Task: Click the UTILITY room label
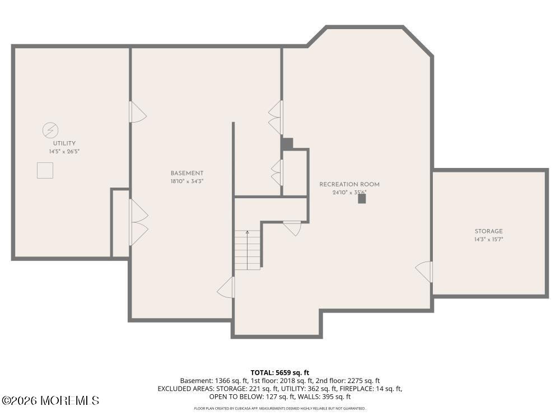coord(64,143)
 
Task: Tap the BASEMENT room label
coord(187,173)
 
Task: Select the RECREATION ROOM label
coord(349,184)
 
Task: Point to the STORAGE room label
coord(488,231)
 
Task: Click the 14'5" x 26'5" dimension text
coord(64,151)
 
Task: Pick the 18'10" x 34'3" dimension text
coord(187,181)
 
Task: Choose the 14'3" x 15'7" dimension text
coord(488,239)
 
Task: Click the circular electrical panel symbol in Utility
coord(50,130)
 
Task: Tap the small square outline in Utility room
coord(45,170)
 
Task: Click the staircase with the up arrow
coord(247,250)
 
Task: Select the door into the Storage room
coord(424,272)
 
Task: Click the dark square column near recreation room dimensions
coord(362,199)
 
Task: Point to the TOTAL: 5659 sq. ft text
coord(279,373)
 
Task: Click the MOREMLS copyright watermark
coord(50,400)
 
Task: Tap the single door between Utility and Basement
coord(138,112)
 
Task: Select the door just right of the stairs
coord(292,228)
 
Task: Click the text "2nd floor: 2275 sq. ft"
coord(348,381)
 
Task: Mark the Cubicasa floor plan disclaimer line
coord(280,408)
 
